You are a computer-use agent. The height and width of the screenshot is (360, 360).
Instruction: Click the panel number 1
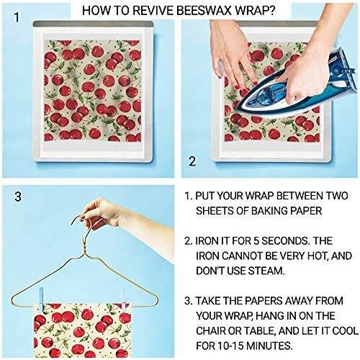click(x=17, y=17)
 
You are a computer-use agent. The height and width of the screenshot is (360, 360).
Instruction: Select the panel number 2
click(x=192, y=161)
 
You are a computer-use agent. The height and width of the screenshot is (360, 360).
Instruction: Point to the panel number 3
click(x=18, y=197)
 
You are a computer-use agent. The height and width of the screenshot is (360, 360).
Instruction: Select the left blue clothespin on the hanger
click(x=41, y=297)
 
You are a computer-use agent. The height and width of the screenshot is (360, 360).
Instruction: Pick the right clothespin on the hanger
click(x=124, y=298)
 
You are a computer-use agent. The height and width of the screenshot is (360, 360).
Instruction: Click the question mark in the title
click(x=271, y=11)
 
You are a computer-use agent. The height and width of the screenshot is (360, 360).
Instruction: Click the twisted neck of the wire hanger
click(x=85, y=246)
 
